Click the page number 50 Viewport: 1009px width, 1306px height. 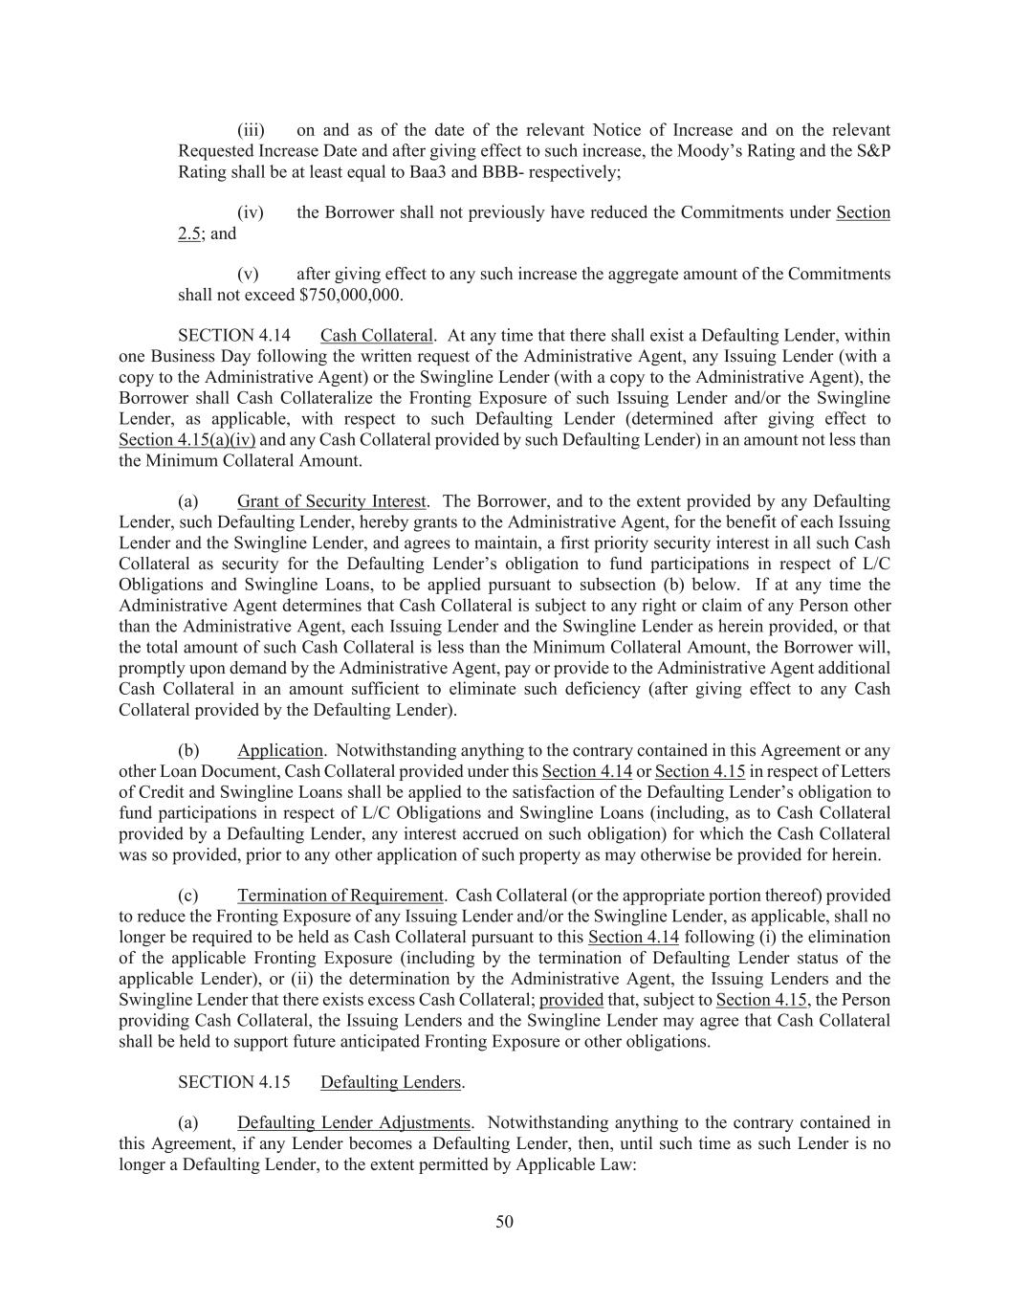click(504, 1221)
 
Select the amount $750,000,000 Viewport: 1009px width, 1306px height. click(350, 295)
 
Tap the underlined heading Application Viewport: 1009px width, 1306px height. click(280, 750)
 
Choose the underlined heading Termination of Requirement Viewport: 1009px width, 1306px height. click(340, 896)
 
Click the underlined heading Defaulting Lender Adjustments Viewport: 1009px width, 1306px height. click(354, 1122)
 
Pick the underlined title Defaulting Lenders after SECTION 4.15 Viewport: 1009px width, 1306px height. click(391, 1082)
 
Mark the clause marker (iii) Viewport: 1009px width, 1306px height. click(251, 130)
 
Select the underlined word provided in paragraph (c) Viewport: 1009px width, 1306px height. click(571, 1000)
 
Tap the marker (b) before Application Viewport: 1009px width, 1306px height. click(188, 750)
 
